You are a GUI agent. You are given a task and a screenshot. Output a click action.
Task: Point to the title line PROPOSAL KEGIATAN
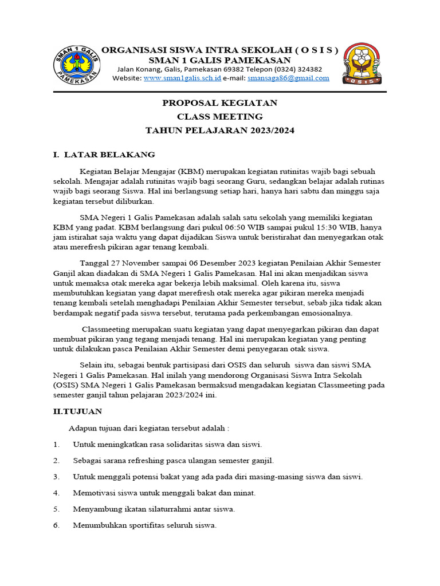pos(220,103)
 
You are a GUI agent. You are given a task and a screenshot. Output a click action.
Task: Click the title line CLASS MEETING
pos(220,117)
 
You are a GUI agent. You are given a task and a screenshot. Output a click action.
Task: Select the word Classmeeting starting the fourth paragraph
pos(107,330)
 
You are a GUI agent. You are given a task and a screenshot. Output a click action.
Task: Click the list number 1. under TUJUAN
pos(56,444)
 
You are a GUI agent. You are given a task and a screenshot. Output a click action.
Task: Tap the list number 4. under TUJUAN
pos(56,493)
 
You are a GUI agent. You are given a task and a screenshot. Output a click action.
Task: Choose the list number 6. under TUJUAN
pos(56,525)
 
